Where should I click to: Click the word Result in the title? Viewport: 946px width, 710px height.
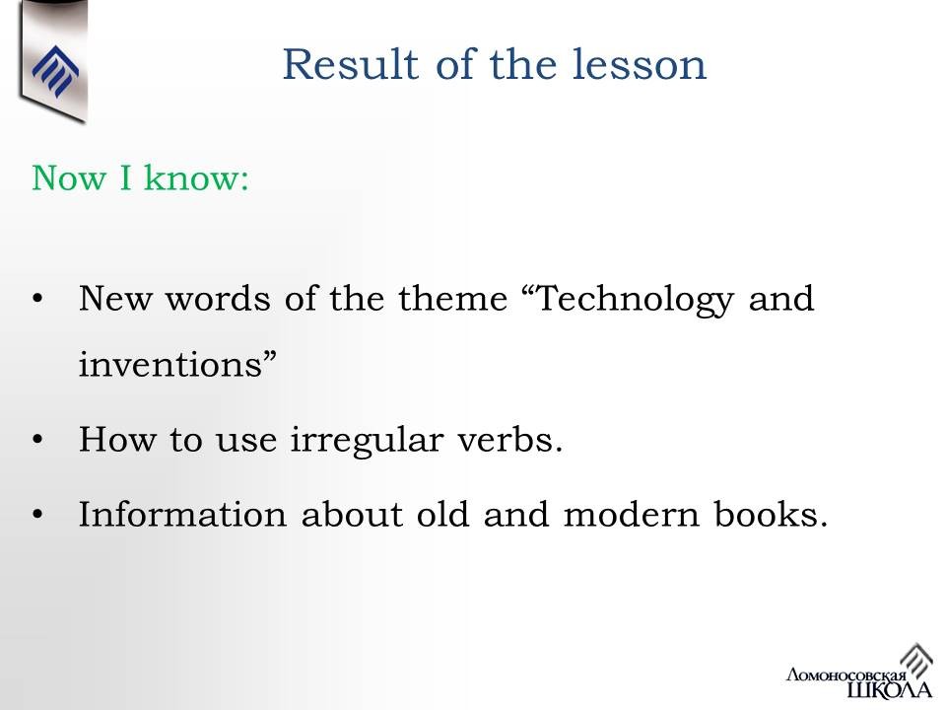click(351, 64)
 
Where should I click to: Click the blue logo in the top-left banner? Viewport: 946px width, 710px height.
click(55, 71)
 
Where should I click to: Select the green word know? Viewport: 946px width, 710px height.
click(196, 177)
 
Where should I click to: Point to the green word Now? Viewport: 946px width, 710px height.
click(68, 178)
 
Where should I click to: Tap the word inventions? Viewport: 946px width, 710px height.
click(178, 364)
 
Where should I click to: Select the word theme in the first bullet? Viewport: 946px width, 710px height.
click(452, 298)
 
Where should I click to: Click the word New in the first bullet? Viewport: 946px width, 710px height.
click(115, 299)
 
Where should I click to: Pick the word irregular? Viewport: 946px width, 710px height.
click(367, 440)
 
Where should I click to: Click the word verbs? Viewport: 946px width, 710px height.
click(509, 439)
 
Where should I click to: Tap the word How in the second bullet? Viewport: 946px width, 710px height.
click(117, 439)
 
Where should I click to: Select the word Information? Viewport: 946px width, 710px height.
click(183, 515)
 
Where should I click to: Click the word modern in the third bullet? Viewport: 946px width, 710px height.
click(631, 515)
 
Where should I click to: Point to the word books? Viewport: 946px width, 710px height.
click(771, 515)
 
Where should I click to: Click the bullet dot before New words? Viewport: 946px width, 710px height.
click(38, 298)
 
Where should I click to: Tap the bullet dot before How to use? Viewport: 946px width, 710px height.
click(38, 440)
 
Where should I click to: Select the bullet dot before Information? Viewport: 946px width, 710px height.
click(38, 515)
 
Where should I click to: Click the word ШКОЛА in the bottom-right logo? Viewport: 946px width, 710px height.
click(889, 689)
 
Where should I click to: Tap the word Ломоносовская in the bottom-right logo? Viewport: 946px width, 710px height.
click(845, 674)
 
